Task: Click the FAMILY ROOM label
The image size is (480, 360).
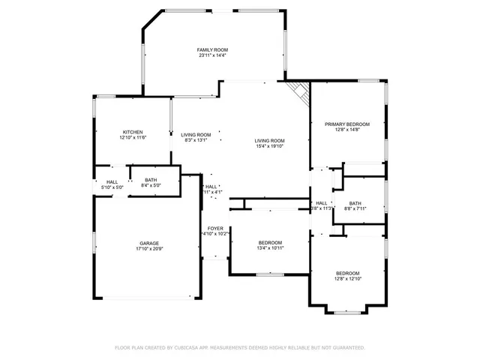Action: pyautogui.click(x=212, y=49)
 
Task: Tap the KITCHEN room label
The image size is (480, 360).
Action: pyautogui.click(x=133, y=132)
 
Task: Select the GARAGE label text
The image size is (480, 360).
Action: pyautogui.click(x=148, y=244)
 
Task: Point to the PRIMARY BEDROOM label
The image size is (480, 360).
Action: pyautogui.click(x=347, y=124)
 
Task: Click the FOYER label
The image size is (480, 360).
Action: pyautogui.click(x=215, y=228)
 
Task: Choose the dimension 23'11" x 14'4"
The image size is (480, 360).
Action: pyautogui.click(x=212, y=55)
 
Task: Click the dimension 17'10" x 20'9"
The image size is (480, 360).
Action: pyautogui.click(x=148, y=249)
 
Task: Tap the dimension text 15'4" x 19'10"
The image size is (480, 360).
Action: pyautogui.click(x=269, y=147)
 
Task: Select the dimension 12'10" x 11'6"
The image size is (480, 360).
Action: pyautogui.click(x=133, y=138)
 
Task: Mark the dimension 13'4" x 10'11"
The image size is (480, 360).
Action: pyautogui.click(x=270, y=248)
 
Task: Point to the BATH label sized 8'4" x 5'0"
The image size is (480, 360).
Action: pyautogui.click(x=151, y=180)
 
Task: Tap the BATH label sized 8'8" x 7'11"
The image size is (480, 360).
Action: pyautogui.click(x=355, y=202)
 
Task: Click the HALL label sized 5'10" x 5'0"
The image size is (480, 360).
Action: pyautogui.click(x=112, y=181)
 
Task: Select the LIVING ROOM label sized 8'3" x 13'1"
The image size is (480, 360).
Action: pyautogui.click(x=196, y=135)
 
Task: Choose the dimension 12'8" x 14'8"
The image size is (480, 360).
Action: pyautogui.click(x=347, y=130)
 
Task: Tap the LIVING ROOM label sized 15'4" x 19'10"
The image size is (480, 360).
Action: pyautogui.click(x=269, y=141)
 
